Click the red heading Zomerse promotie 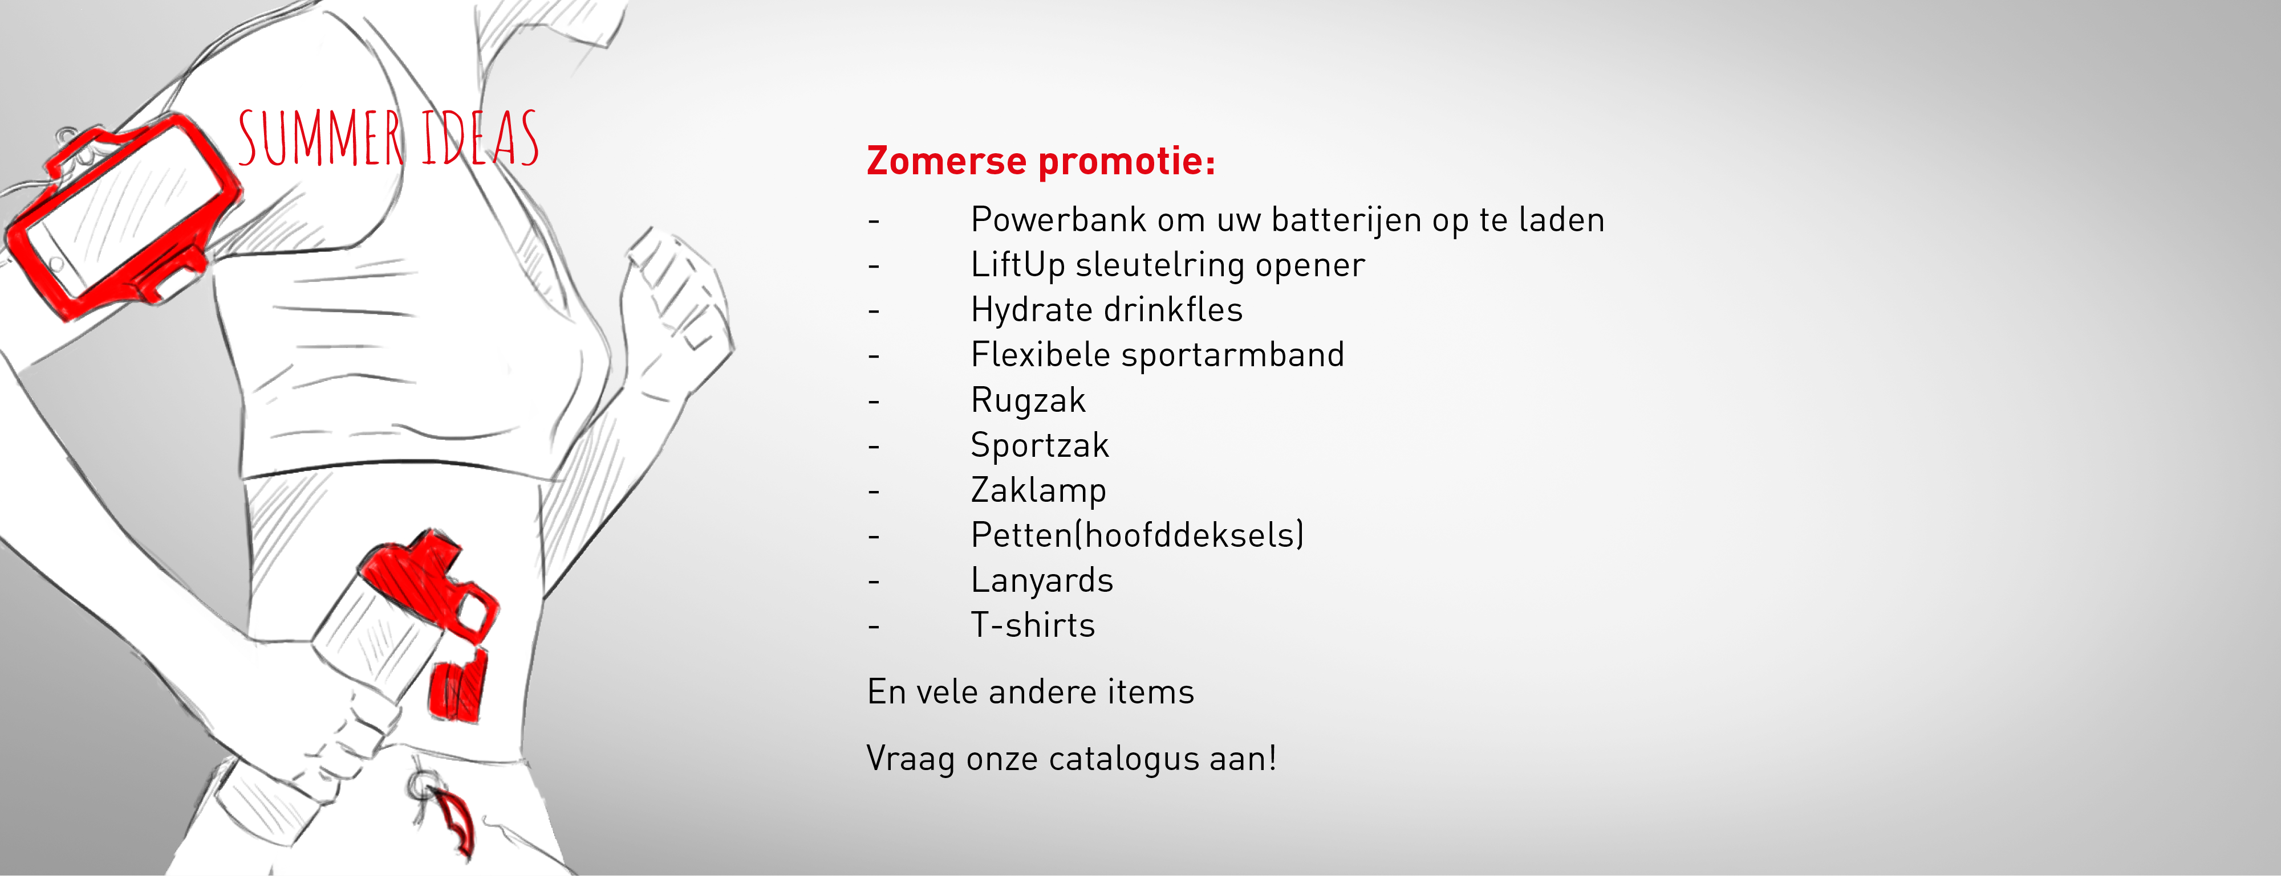pos(1041,161)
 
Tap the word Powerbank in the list pos(1058,219)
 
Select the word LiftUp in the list pos(1017,265)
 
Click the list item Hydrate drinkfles pos(1107,310)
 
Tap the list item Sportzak pos(1040,445)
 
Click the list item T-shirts pos(1033,625)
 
